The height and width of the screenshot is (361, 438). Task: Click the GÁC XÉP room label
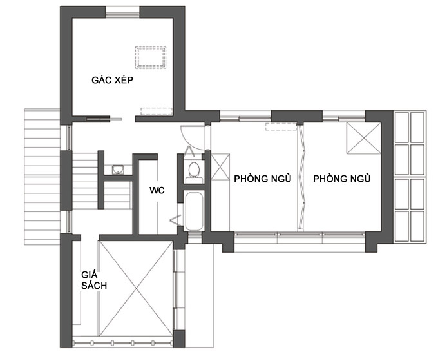point(112,80)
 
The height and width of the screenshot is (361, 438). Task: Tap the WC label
point(157,190)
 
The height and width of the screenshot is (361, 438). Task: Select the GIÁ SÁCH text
point(94,280)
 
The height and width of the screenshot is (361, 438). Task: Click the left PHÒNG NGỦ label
point(263,179)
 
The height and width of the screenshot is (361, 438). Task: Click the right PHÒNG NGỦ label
point(342,179)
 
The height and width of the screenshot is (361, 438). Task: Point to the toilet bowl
point(194,170)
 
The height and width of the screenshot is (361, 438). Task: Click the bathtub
point(194,211)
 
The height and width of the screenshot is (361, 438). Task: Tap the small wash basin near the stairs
point(118,170)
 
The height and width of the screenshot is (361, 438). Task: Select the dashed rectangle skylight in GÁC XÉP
point(151,57)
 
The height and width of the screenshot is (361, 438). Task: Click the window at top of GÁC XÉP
point(122,12)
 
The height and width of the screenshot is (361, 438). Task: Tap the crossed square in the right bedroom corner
point(363,138)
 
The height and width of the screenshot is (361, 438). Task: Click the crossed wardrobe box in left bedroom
point(220,166)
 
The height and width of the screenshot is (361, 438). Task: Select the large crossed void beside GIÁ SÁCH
point(136,288)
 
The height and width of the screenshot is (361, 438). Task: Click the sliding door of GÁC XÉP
point(104,119)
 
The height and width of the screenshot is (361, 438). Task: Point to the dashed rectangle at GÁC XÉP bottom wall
point(156,112)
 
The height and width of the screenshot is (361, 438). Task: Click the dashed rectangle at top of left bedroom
point(281,126)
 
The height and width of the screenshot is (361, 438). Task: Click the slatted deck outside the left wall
point(42,177)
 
